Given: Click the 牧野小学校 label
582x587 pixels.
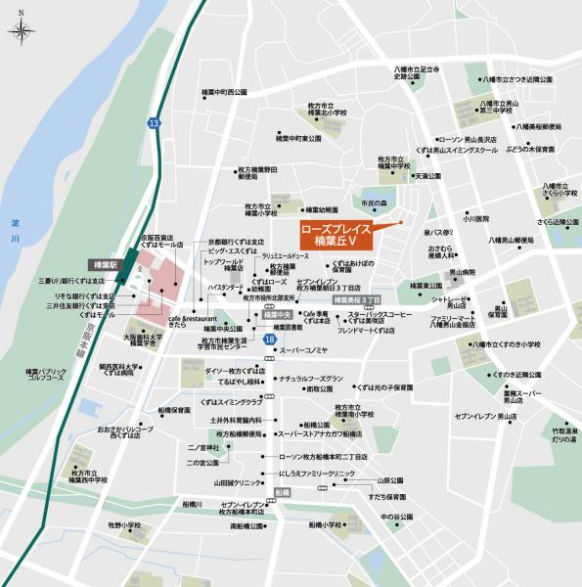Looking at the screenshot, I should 124,525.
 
